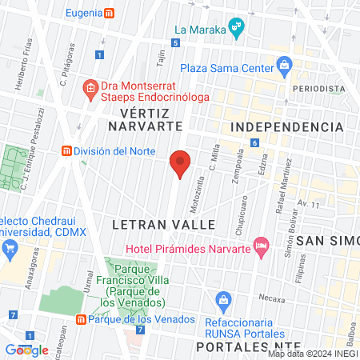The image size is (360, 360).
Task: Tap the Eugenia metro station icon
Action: tap(110, 14)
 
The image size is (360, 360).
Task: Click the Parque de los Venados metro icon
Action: tap(81, 320)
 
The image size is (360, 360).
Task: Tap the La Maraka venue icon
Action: tap(235, 30)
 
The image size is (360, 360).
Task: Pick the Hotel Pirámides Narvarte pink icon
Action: tap(260, 245)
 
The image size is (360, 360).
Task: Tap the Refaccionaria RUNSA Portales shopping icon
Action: tap(226, 302)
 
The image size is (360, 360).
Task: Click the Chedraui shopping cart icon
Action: tap(10, 248)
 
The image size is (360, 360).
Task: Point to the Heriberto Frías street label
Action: tap(25, 58)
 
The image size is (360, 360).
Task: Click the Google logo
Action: tap(27, 350)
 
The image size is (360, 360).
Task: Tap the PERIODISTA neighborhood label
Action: tap(318, 88)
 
